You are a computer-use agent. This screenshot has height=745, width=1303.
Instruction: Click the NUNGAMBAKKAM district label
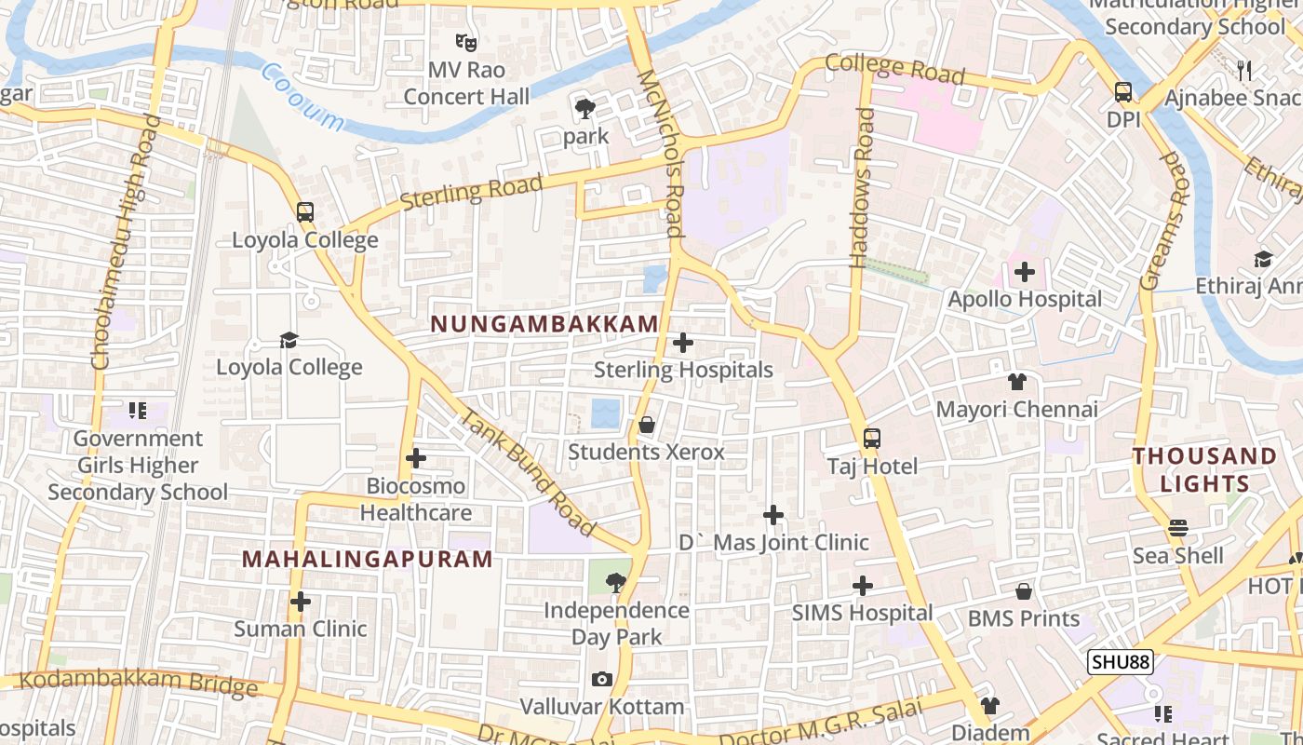pos(544,324)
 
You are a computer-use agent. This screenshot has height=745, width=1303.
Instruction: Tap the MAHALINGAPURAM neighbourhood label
pos(367,559)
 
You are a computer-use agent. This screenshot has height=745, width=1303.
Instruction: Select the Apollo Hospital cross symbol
pos(1025,273)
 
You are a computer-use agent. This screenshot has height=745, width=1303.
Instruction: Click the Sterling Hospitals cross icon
pos(683,343)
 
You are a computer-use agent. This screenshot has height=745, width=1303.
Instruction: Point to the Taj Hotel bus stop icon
pos(872,439)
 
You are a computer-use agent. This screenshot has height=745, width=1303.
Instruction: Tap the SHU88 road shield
pos(1121,662)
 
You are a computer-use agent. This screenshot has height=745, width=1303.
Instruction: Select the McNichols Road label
pos(662,154)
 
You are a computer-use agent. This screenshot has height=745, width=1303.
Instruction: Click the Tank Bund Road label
pos(528,473)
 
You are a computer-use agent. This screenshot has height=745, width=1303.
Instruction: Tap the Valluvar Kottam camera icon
pos(602,679)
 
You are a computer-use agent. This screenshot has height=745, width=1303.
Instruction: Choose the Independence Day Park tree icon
pos(615,583)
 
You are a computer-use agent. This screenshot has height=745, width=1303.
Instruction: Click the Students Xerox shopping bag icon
pos(647,426)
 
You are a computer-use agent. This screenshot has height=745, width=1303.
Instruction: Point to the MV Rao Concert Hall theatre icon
pos(466,42)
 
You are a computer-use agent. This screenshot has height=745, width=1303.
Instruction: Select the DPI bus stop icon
pos(1123,92)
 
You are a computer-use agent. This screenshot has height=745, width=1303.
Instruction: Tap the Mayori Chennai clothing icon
pos(1017,382)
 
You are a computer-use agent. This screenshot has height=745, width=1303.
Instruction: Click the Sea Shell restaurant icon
pos(1178,528)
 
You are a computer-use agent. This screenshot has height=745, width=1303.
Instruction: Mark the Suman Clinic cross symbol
pos(300,602)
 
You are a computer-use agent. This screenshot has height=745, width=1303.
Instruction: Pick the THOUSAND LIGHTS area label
pos(1204,469)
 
